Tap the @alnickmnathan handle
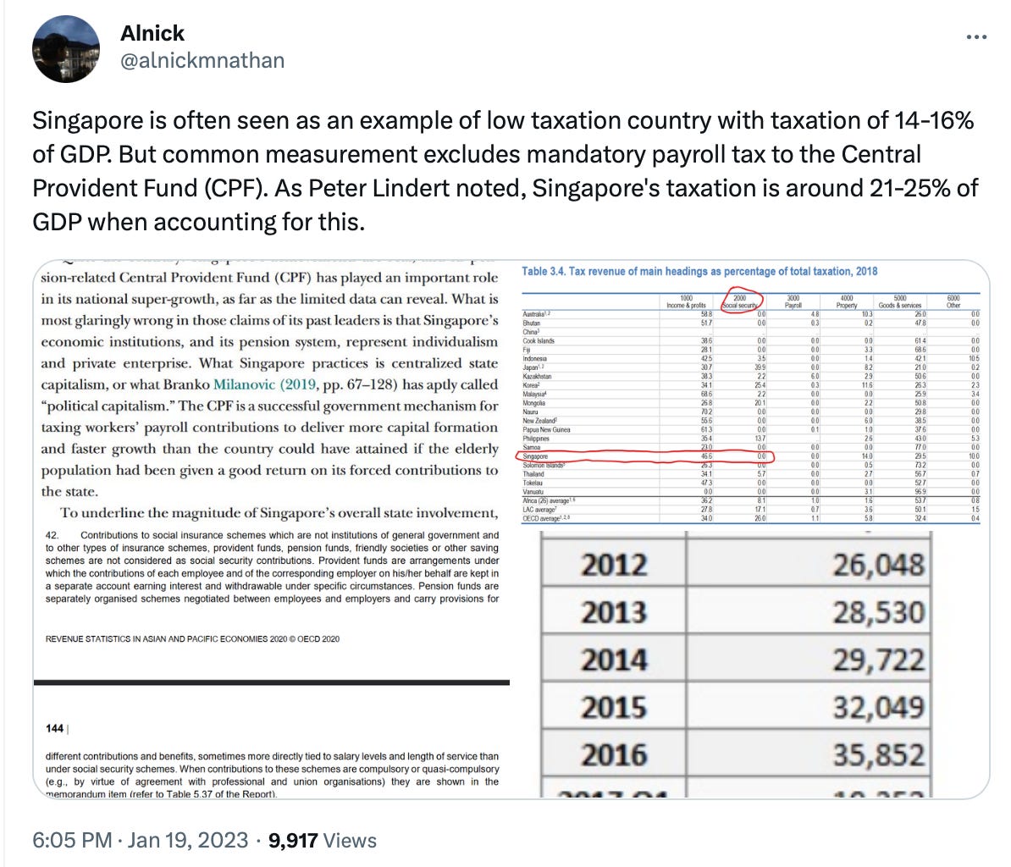(x=202, y=60)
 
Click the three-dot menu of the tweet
(x=976, y=37)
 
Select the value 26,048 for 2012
(x=878, y=565)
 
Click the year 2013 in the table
(x=614, y=612)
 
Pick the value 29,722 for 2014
(x=878, y=660)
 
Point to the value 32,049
(x=878, y=707)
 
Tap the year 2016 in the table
(x=614, y=754)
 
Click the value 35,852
(x=878, y=754)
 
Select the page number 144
(x=54, y=727)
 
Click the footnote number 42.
(x=52, y=535)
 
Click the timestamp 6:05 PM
(x=72, y=840)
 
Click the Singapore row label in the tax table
(x=536, y=456)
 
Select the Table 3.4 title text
(x=699, y=271)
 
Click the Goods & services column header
(x=899, y=303)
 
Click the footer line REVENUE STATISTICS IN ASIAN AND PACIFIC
(x=192, y=638)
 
